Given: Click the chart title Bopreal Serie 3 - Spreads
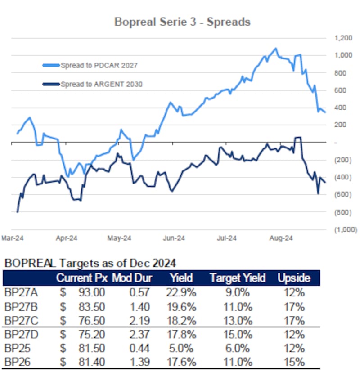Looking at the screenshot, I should click(x=182, y=22).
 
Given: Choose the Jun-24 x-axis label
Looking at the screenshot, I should click(x=174, y=238).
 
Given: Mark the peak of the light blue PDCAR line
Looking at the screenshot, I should click(x=275, y=48).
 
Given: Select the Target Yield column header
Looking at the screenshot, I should click(x=237, y=278).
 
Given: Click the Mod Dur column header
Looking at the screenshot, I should click(x=132, y=278).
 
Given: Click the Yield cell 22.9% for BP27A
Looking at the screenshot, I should click(x=184, y=293).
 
